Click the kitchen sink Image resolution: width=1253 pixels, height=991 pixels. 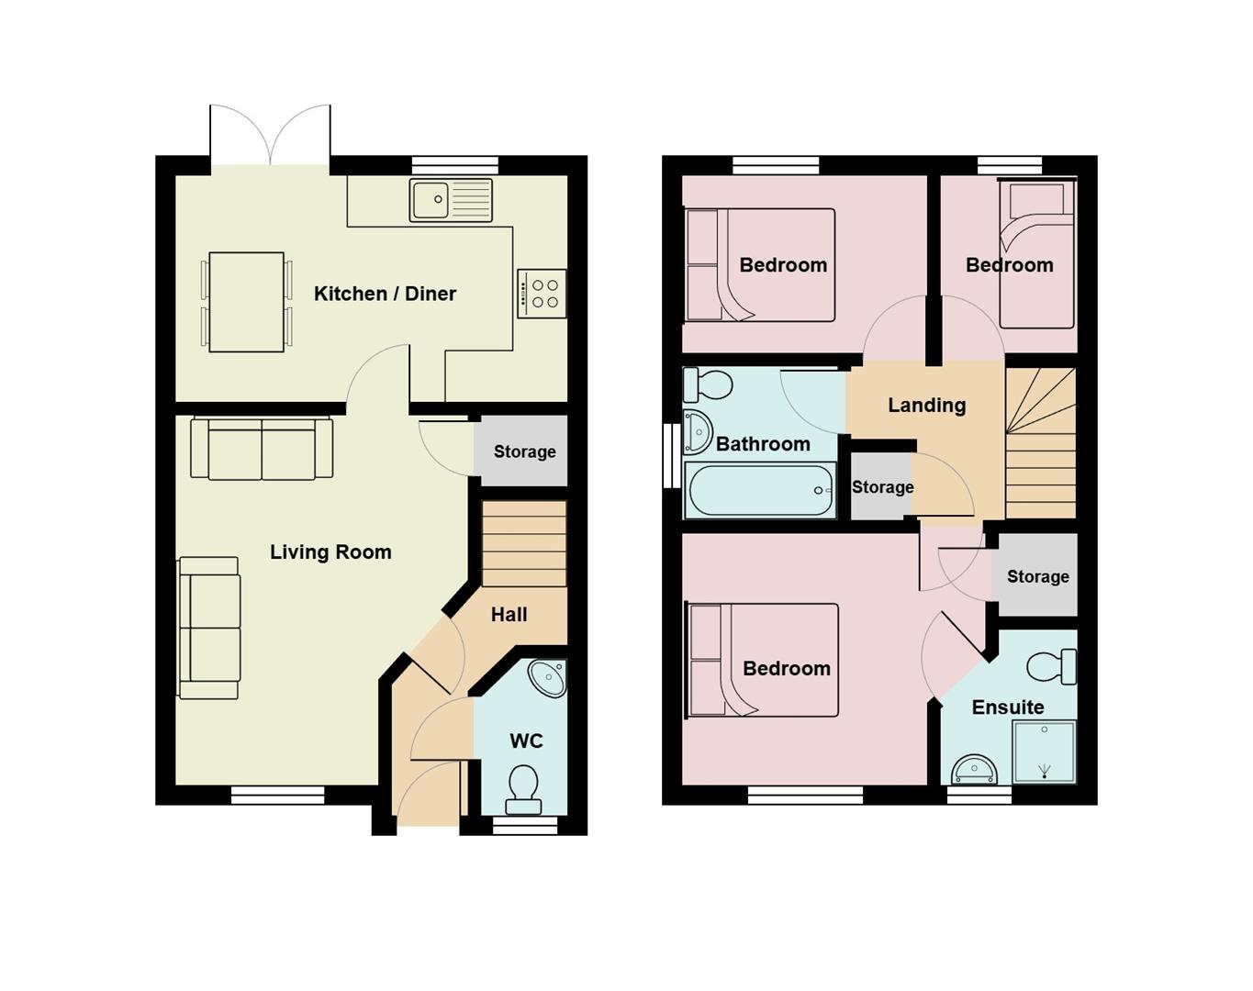point(451,200)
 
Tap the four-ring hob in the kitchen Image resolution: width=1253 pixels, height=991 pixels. point(542,294)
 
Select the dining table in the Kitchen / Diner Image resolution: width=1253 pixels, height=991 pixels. point(246,302)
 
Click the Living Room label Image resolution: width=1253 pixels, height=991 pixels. point(330,552)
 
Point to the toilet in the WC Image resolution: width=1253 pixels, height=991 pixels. point(523,790)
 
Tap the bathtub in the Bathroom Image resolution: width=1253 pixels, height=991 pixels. point(760,490)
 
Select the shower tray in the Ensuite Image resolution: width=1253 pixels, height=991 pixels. point(1044,752)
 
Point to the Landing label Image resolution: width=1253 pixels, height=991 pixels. point(926,406)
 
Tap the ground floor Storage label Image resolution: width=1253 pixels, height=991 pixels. point(524,451)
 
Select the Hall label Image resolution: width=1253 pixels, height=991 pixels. point(509,615)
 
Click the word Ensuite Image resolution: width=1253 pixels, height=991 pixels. point(1007,707)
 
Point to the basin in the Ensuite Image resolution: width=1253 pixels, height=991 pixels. point(973,769)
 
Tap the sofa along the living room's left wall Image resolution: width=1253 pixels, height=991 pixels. point(210,629)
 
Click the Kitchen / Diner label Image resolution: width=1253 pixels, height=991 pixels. point(385,294)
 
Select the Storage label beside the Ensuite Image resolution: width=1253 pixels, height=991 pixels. point(1037,576)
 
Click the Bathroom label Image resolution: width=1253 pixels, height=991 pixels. point(763,444)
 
